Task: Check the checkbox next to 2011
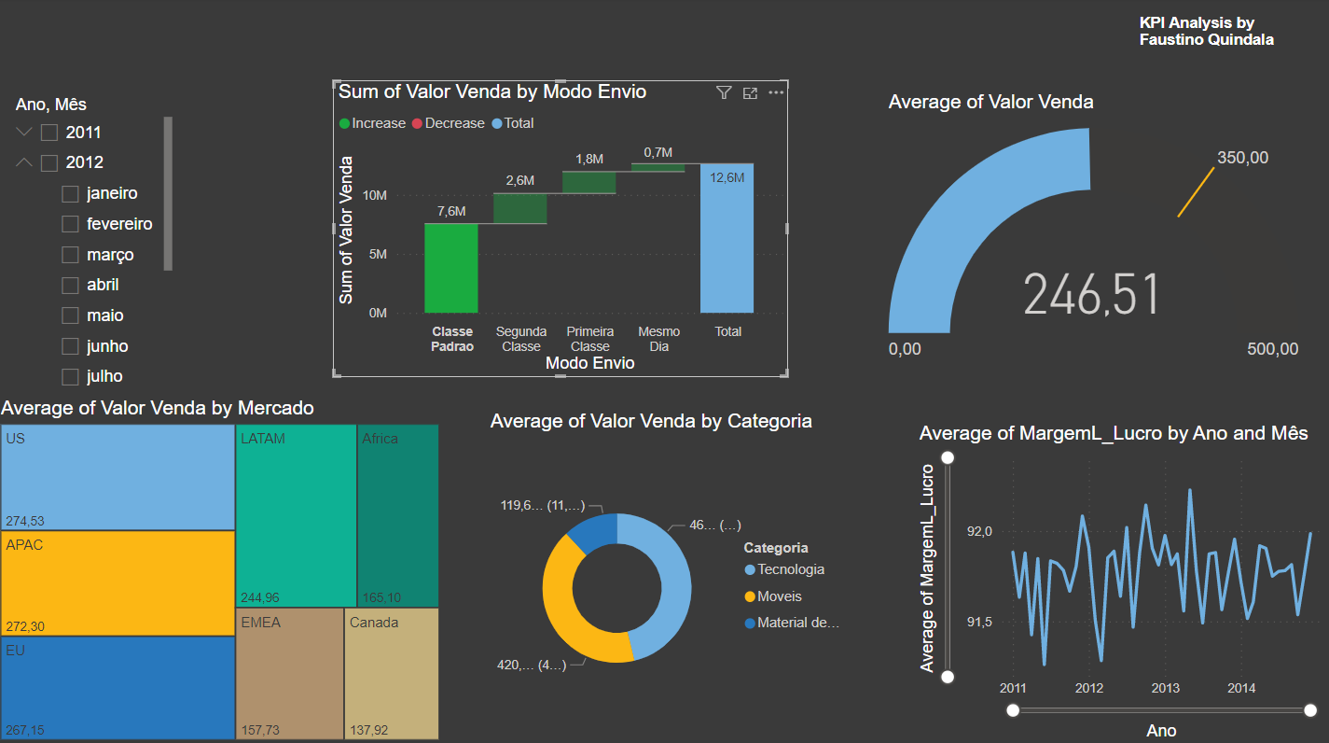coord(49,133)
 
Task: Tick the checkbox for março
coord(70,255)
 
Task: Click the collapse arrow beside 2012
coord(25,162)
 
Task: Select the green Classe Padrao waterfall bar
coord(451,269)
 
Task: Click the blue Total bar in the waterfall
coord(727,238)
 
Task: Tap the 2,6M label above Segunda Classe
coord(520,180)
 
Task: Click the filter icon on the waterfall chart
coord(724,92)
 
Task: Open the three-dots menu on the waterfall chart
coord(776,92)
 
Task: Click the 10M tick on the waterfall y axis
coord(375,195)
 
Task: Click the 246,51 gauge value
coord(1091,294)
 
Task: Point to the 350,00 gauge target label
coord(1242,158)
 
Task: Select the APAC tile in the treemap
coord(118,582)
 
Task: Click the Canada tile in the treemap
coord(392,672)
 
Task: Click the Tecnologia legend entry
coord(790,569)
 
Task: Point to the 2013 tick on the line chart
coord(1165,688)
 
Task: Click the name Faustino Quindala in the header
coord(1206,40)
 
